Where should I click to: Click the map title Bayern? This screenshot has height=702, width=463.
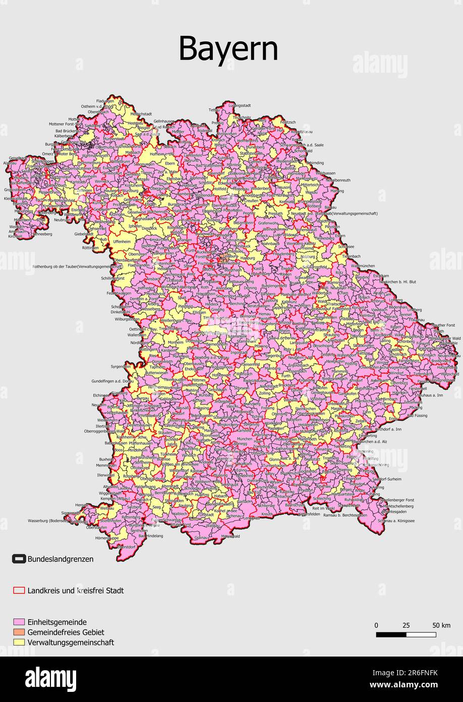(228, 49)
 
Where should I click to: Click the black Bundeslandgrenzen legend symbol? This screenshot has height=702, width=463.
(19, 559)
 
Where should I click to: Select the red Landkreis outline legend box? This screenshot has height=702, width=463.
(19, 590)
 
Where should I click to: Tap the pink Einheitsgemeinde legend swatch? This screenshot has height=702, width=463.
(19, 622)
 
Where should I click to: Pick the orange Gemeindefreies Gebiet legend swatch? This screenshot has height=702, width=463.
(19, 632)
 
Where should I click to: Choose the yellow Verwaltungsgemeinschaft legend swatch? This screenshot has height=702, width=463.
(19, 642)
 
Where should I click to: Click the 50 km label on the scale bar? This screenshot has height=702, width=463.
(441, 625)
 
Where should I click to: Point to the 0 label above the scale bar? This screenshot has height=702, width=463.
(376, 625)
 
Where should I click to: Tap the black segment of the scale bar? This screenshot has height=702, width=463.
(391, 634)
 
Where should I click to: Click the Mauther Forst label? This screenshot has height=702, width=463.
(444, 325)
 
